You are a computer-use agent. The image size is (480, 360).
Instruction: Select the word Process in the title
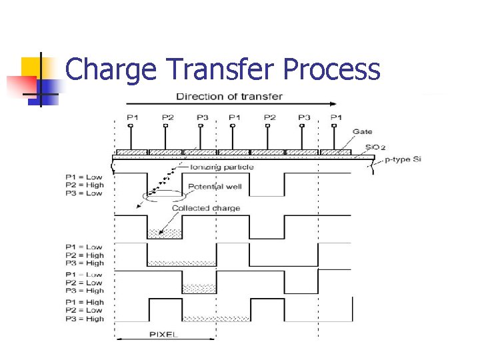point(331,69)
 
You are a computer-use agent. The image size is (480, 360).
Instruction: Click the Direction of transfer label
point(229,96)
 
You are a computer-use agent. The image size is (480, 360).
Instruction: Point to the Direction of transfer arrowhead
point(333,104)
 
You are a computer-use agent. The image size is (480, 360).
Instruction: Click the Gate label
point(363,131)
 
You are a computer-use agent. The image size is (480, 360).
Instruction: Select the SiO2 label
point(375,147)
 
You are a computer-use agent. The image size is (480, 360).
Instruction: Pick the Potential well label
point(215,187)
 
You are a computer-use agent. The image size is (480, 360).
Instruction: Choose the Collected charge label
point(206,208)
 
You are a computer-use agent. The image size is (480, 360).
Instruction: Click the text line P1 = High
point(85,302)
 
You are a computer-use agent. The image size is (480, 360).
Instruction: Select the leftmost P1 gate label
point(133,118)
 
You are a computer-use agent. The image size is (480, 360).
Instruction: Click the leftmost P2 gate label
point(167,118)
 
